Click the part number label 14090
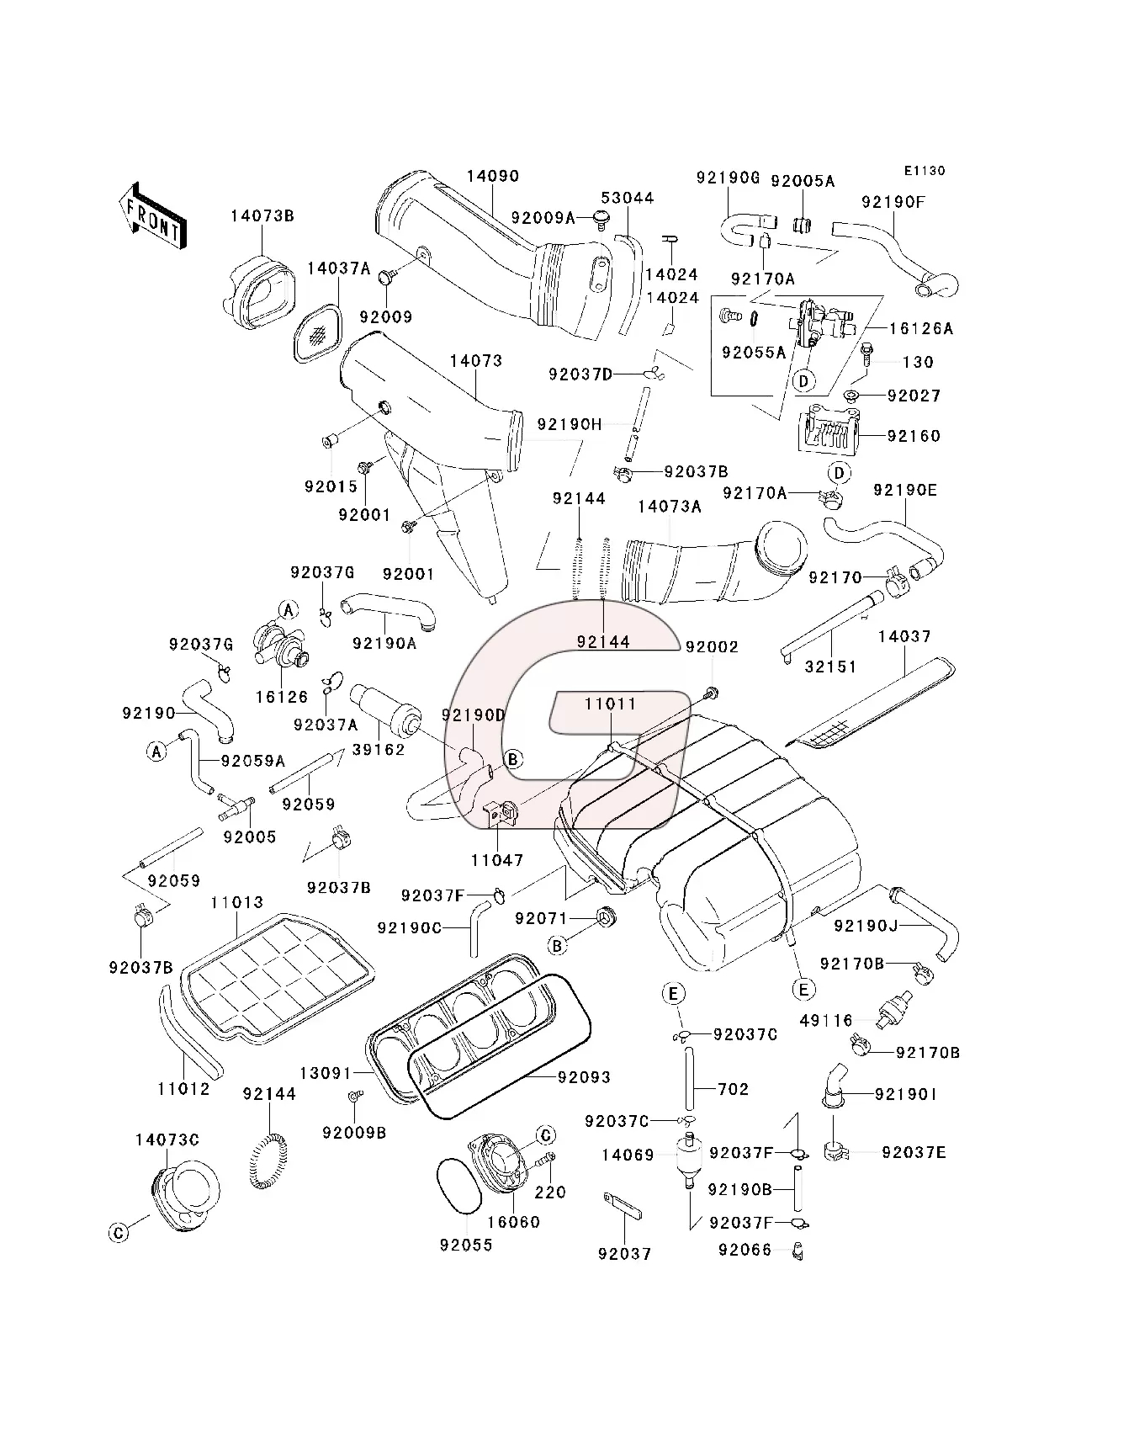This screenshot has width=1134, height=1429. coord(493,177)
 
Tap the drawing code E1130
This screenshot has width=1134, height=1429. coord(925,171)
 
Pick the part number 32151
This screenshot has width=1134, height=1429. coord(830,667)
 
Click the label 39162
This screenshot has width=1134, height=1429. coord(378,749)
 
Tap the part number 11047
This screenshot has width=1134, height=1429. coord(496,860)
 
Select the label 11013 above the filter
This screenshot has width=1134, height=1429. coord(236,903)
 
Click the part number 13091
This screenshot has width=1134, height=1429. coord(326,1073)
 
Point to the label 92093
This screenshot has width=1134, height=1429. coord(584,1076)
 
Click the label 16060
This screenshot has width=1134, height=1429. coord(513,1222)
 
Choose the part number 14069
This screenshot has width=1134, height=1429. coord(628,1155)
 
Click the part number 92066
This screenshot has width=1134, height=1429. coord(745,1250)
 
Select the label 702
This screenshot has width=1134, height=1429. coord(733,1089)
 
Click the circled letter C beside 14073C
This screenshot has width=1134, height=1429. coord(119,1233)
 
